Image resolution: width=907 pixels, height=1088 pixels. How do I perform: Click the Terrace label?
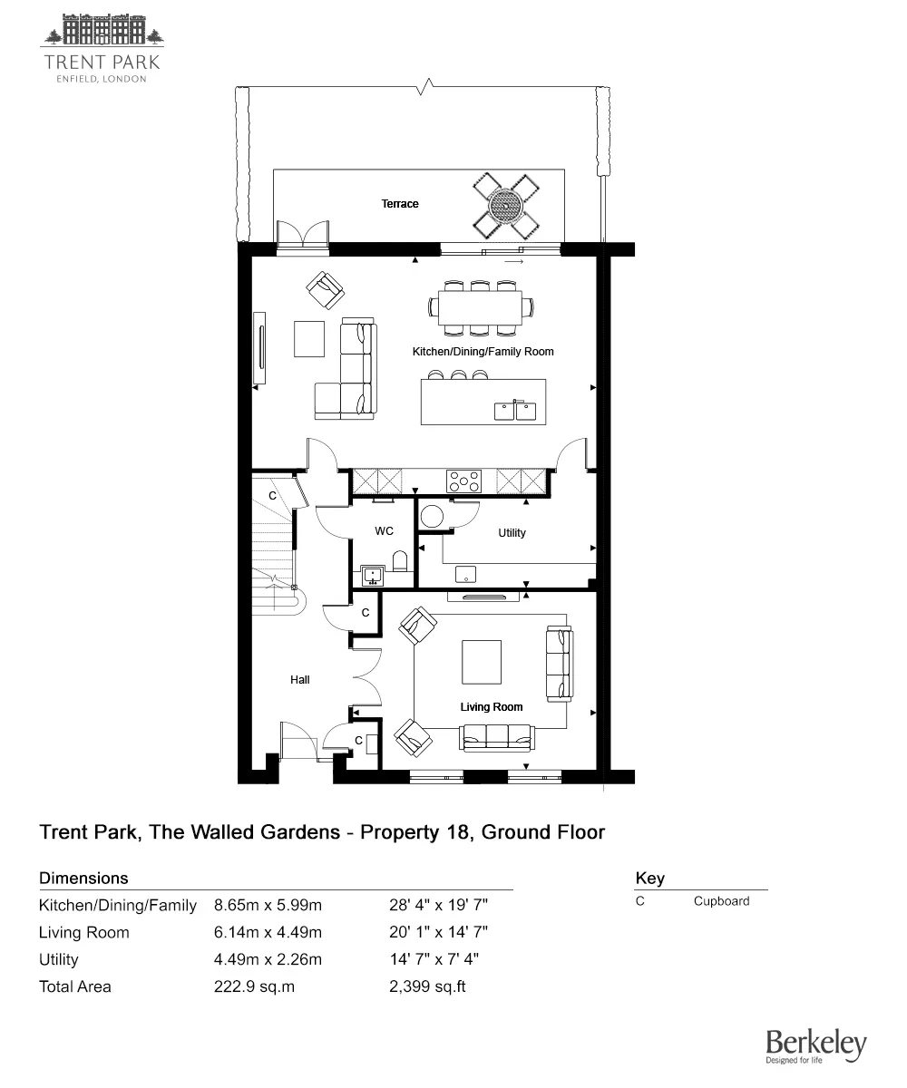(400, 204)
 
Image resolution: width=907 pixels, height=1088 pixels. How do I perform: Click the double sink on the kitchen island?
(516, 411)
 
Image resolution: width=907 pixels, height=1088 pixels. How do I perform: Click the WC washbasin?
(372, 574)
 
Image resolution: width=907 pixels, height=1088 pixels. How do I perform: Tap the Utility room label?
(512, 533)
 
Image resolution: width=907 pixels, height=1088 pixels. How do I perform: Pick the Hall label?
(300, 679)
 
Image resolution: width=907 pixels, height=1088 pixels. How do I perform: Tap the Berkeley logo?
(815, 1046)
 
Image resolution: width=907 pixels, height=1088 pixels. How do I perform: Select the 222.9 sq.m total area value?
(254, 986)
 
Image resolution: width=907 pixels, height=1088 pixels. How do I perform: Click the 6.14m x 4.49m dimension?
(268, 932)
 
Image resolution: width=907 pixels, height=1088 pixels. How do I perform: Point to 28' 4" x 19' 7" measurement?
(439, 905)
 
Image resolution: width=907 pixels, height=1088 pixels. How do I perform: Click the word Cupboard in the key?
(721, 901)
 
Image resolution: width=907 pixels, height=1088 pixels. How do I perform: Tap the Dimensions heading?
(83, 878)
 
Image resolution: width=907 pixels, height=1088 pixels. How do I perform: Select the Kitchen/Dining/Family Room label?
(483, 351)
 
